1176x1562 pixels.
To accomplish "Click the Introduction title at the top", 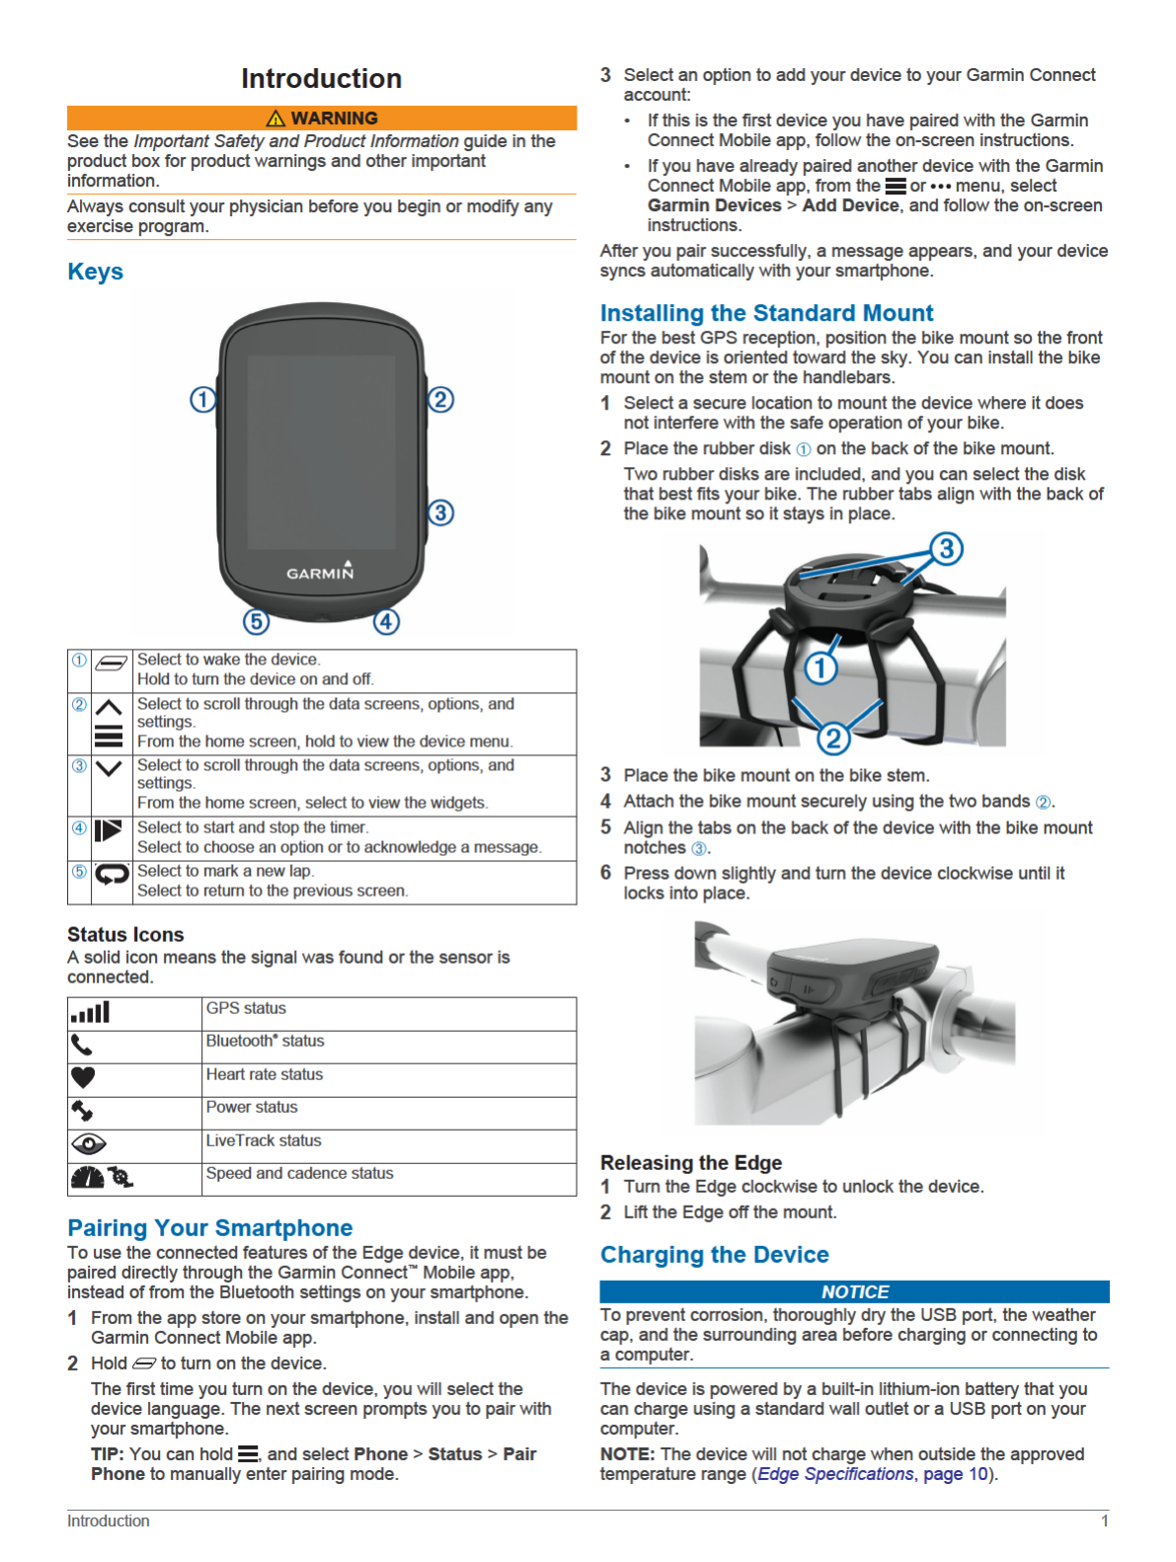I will (x=321, y=79).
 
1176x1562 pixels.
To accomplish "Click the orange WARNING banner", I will (x=322, y=118).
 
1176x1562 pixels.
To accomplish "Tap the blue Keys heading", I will (x=95, y=272).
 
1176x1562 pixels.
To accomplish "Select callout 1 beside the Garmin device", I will (x=202, y=400).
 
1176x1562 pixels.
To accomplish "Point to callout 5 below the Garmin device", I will (x=256, y=622).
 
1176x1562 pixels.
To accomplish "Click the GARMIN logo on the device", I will (x=320, y=572).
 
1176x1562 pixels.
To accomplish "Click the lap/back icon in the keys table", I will (x=112, y=874).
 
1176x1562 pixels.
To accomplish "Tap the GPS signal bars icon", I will (x=90, y=1013).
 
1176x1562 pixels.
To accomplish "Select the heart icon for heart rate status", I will (x=83, y=1077).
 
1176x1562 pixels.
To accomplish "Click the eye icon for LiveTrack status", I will (x=89, y=1144).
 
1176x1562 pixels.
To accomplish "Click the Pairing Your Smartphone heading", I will (x=209, y=1227).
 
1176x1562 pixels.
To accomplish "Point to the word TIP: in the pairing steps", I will (x=107, y=1454).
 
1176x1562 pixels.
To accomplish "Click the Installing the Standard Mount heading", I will (x=766, y=313).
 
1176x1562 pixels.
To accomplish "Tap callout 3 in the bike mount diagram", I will (x=946, y=548).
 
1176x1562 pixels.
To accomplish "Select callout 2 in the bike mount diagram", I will (x=833, y=738).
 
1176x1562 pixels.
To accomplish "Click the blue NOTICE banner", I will (x=854, y=1291).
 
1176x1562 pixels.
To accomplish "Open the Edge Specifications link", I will (x=835, y=1474).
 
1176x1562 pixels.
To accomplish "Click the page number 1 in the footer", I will (x=1105, y=1521).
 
